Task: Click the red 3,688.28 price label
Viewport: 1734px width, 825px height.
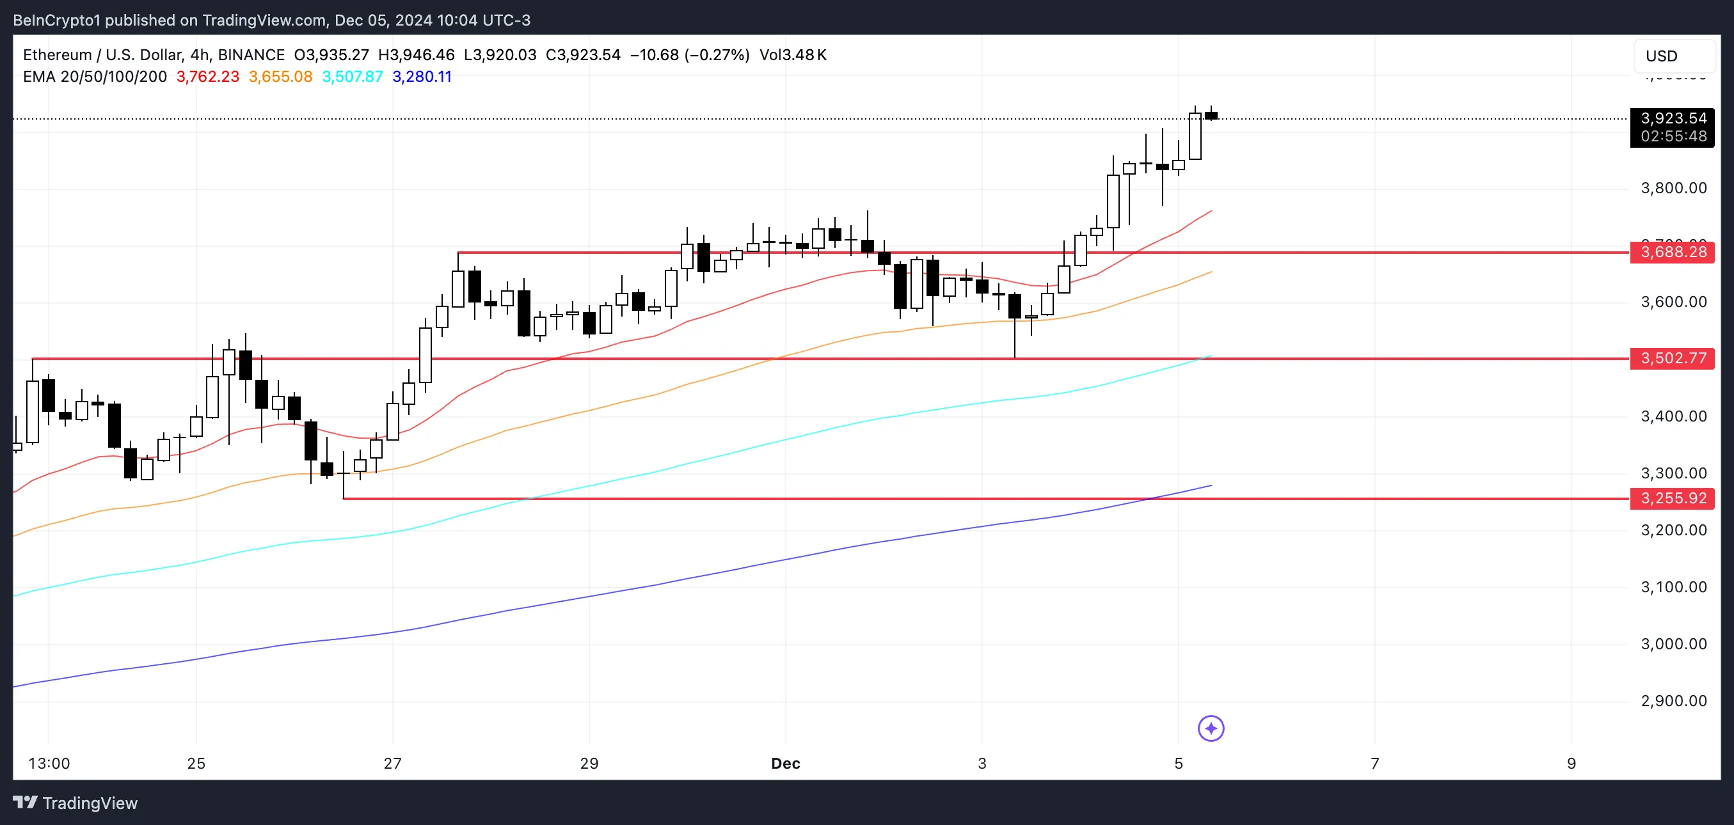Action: (1672, 253)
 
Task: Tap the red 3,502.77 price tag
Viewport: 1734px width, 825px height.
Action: (1672, 358)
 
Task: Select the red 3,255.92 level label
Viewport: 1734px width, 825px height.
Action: (1672, 499)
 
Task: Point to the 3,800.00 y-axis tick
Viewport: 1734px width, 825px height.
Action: (1673, 188)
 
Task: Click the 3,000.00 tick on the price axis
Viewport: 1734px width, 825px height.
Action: (1673, 644)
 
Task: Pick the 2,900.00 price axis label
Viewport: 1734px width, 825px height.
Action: (1673, 701)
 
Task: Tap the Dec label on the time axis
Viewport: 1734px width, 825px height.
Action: (785, 764)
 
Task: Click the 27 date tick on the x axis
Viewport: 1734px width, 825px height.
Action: (392, 764)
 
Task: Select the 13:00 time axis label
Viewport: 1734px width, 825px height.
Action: (49, 764)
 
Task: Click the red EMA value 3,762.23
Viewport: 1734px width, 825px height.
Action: (207, 77)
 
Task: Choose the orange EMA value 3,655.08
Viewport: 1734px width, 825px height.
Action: (280, 77)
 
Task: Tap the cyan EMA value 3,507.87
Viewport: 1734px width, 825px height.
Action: (352, 77)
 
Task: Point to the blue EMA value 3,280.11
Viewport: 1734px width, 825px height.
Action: (422, 77)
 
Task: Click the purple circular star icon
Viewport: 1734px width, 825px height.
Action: (1211, 728)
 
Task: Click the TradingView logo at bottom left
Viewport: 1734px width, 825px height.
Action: (76, 803)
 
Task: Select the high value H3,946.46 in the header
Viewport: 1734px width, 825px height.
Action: (416, 55)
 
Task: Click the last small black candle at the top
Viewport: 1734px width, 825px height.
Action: (1211, 116)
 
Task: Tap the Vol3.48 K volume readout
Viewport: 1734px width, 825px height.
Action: (792, 55)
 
